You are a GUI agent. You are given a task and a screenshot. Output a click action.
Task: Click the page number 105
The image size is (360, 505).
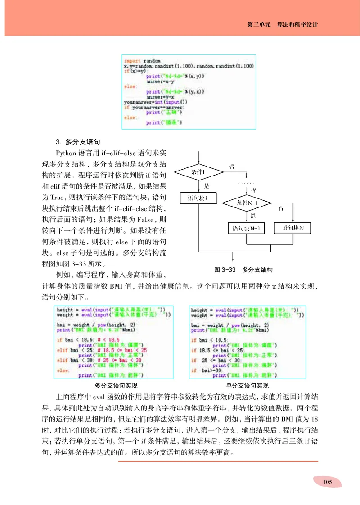click(327, 482)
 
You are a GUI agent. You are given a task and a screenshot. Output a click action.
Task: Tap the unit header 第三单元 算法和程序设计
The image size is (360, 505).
click(282, 25)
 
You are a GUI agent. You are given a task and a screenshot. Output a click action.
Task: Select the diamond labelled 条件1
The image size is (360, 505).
click(198, 172)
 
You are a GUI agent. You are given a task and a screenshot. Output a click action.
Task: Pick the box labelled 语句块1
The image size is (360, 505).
click(198, 198)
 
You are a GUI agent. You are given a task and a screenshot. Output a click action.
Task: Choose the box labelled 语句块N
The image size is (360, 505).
click(293, 229)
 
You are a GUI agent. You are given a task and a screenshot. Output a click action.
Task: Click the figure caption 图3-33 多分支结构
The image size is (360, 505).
click(243, 270)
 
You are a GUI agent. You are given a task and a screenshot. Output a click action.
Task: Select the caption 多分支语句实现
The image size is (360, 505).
click(116, 385)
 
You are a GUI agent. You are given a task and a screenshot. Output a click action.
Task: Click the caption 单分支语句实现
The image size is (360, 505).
click(247, 385)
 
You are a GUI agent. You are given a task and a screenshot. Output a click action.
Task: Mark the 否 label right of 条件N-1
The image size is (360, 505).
click(282, 208)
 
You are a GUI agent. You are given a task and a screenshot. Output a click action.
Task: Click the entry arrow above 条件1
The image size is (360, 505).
click(198, 158)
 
